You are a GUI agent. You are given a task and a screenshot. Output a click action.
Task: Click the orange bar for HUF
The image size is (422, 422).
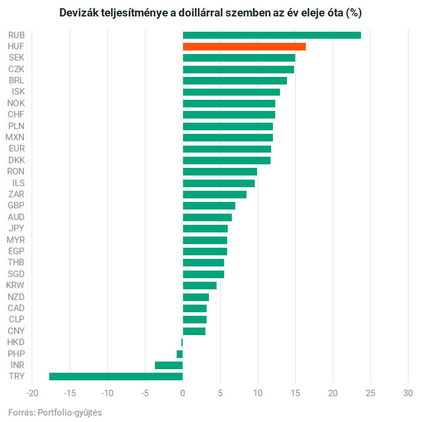click(x=244, y=46)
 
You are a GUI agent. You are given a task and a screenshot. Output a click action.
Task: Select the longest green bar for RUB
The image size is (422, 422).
click(x=272, y=35)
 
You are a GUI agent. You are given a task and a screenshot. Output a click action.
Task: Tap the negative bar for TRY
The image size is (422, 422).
click(x=116, y=376)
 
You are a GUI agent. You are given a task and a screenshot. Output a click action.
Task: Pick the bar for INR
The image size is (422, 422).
click(x=168, y=365)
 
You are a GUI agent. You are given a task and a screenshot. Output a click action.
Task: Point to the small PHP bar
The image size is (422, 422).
click(x=180, y=354)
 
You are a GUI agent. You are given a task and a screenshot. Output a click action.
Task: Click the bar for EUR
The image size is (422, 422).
click(x=227, y=149)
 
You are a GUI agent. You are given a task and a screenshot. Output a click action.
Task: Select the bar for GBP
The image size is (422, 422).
click(x=209, y=205)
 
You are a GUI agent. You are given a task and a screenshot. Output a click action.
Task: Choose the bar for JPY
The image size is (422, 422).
click(x=205, y=228)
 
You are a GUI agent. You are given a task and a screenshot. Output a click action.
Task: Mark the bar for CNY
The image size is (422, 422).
click(x=194, y=331)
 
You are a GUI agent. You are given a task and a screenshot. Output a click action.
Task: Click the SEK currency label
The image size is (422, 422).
click(x=16, y=58)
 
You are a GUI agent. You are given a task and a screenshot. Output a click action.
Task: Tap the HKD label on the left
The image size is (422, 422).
click(x=16, y=342)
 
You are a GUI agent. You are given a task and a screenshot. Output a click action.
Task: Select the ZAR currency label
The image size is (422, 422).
click(x=16, y=194)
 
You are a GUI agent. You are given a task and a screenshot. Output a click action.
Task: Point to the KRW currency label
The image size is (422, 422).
click(x=15, y=285)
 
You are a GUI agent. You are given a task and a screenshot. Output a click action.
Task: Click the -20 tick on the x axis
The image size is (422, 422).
click(x=33, y=393)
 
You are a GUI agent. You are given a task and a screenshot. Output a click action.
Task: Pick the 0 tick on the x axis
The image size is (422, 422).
click(x=183, y=393)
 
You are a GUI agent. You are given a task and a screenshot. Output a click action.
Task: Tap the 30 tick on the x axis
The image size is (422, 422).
click(x=408, y=393)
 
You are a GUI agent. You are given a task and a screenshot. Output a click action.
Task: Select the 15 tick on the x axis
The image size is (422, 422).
click(x=295, y=393)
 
